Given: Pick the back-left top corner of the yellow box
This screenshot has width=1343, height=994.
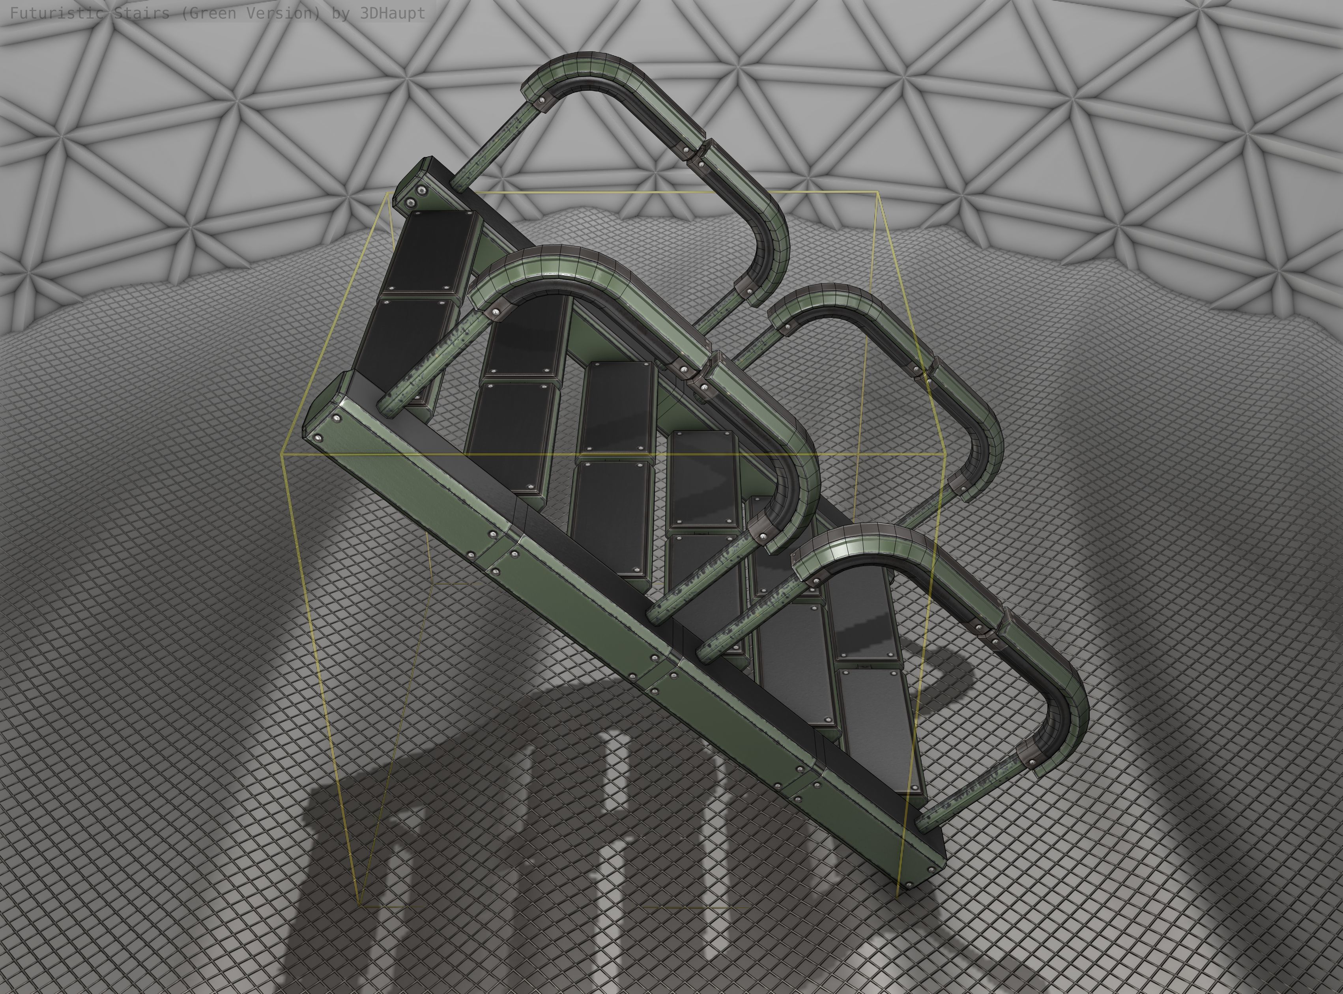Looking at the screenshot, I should tap(388, 194).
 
